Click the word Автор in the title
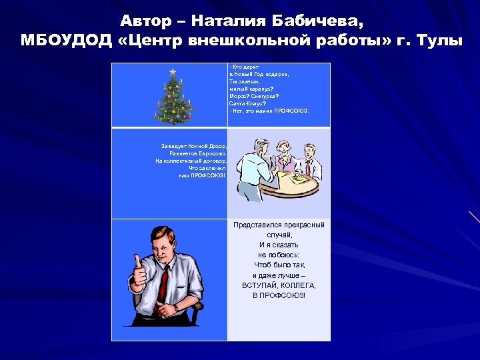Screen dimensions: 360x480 [x=149, y=21]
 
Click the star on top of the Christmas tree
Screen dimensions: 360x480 [x=173, y=71]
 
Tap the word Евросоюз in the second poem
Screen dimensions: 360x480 [x=213, y=153]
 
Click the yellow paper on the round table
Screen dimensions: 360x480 [x=298, y=178]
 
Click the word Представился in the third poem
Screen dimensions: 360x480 [x=257, y=225]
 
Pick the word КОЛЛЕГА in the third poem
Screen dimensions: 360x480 [x=297, y=285]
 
